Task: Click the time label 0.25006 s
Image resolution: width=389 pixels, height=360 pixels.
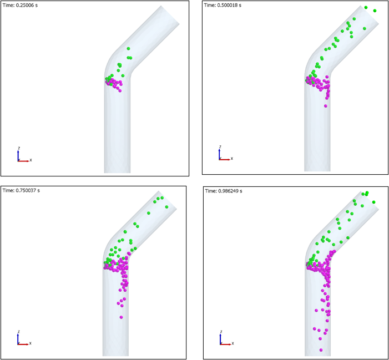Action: pos(20,5)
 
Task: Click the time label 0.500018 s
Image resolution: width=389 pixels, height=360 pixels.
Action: pos(223,5)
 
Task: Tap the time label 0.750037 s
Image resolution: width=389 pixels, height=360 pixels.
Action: pos(21,190)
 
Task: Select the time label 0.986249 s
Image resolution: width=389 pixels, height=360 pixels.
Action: pos(224,191)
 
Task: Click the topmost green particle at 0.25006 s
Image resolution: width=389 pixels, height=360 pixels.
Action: pos(128,49)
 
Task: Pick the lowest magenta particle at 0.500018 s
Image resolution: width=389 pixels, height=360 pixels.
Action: pos(326,106)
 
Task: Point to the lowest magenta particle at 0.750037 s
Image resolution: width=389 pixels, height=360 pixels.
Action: pos(121,317)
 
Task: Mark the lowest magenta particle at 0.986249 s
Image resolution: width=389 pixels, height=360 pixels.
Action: pos(321,350)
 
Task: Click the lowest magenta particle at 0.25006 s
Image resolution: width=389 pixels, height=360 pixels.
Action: pos(120,91)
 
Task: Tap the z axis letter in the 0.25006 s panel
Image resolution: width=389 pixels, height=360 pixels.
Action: pos(19,148)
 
